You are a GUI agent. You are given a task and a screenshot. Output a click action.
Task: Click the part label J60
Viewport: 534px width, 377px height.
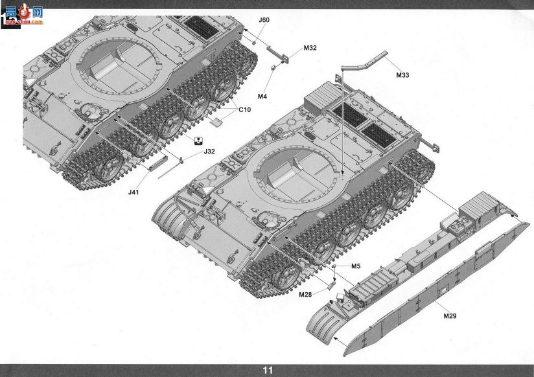[x=264, y=19]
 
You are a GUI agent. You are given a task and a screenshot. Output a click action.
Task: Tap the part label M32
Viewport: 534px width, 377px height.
[x=310, y=48]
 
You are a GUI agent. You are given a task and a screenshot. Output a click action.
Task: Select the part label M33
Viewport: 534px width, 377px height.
[x=402, y=75]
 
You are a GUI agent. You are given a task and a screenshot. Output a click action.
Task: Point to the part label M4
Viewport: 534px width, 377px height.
[x=262, y=97]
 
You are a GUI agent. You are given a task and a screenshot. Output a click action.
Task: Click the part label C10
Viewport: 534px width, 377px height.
[x=244, y=109]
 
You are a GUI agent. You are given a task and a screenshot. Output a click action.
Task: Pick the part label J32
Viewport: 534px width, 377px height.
[x=209, y=152]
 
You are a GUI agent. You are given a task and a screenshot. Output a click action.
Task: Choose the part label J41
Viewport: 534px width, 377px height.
[x=134, y=192]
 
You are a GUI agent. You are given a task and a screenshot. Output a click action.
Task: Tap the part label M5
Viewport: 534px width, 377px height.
[x=356, y=266]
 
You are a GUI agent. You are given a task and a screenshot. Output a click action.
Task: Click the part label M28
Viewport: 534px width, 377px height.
[x=305, y=295]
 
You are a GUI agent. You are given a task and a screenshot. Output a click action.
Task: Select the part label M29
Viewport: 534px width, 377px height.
[x=450, y=315]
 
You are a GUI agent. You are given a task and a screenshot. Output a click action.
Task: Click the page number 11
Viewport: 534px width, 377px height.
[x=268, y=370]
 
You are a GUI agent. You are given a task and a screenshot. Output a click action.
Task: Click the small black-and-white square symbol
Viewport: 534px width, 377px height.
[x=198, y=141]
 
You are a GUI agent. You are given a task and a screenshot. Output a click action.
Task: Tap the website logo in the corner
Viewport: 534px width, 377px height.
[x=23, y=14]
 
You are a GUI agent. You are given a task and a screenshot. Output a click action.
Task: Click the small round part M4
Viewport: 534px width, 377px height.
[x=273, y=68]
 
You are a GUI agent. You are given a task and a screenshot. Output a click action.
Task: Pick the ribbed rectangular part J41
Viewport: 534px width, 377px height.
[x=158, y=163]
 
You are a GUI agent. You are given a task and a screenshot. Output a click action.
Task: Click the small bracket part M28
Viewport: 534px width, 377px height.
[x=331, y=286]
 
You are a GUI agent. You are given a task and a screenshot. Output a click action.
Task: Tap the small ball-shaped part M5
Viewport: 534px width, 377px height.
[x=335, y=266]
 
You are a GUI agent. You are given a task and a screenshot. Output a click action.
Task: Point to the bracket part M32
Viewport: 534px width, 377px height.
[x=277, y=54]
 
